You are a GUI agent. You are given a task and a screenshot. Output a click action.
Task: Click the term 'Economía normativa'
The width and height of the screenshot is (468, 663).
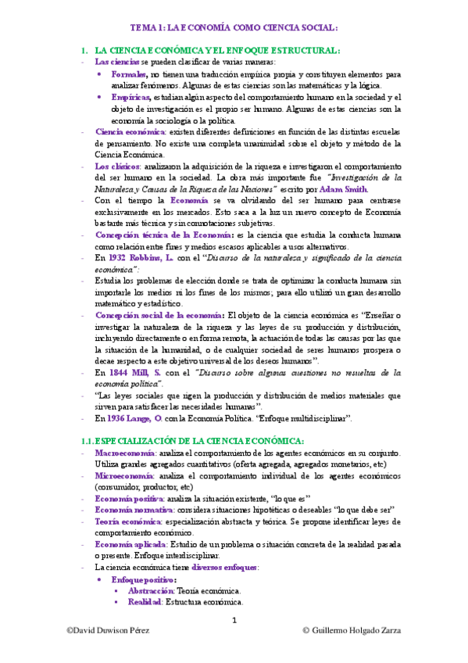132,509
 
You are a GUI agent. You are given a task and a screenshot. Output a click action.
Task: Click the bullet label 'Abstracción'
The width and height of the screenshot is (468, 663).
151,591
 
